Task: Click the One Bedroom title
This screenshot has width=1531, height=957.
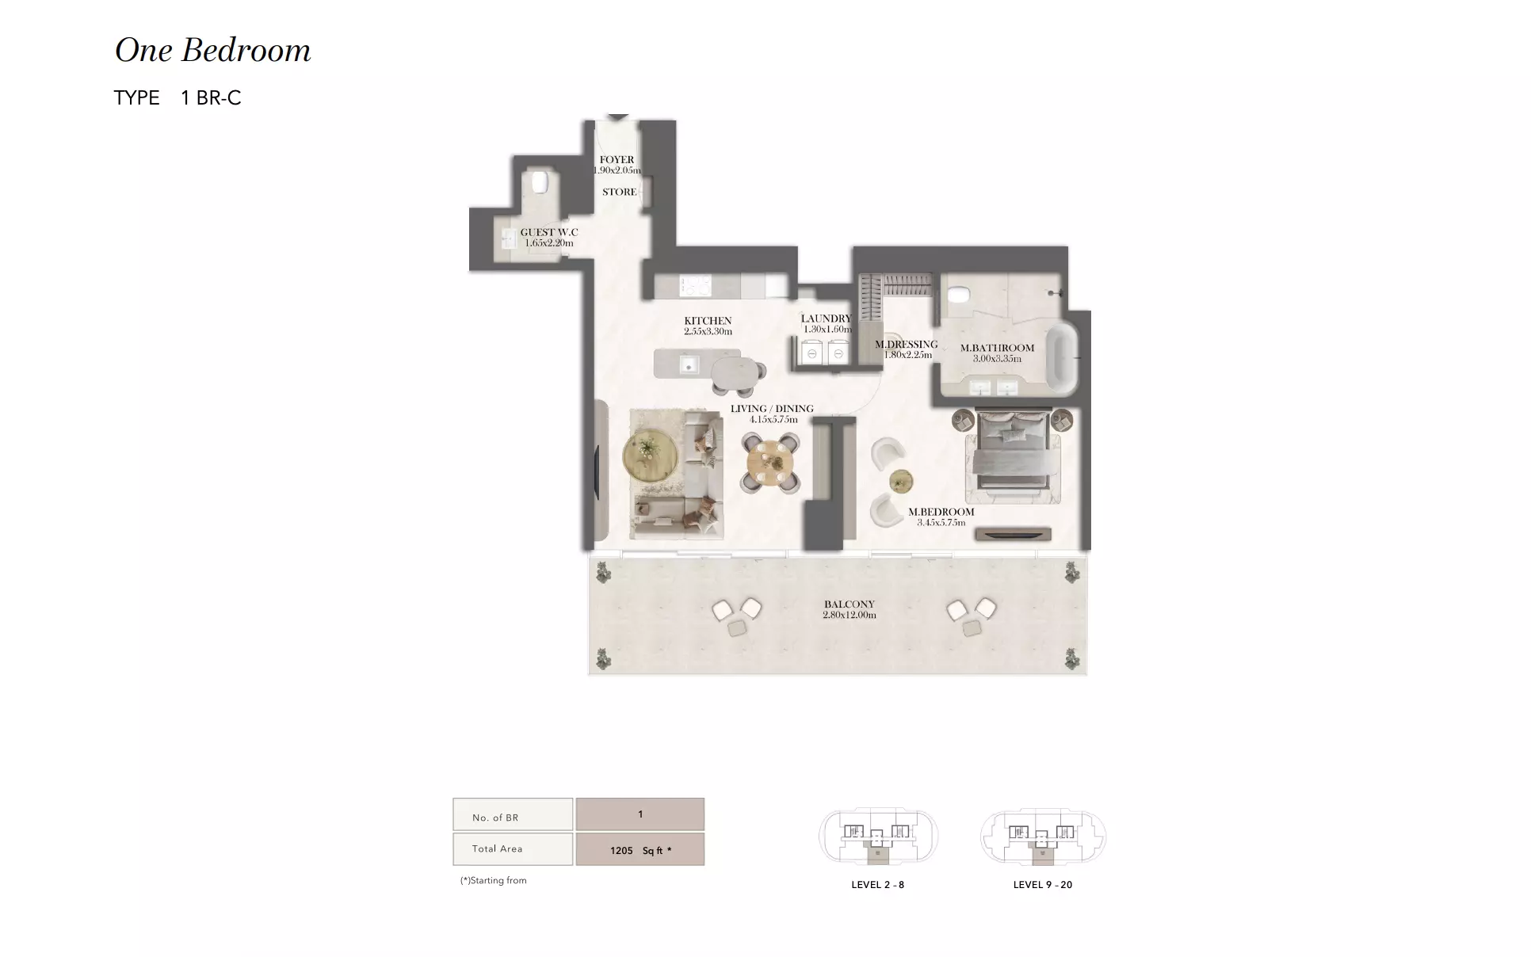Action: (212, 51)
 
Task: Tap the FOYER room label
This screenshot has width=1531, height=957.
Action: (617, 160)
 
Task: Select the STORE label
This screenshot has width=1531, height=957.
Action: (619, 192)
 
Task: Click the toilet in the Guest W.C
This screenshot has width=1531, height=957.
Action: (540, 181)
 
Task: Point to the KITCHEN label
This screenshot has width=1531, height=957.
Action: (708, 321)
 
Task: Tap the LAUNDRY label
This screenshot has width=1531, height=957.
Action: (826, 318)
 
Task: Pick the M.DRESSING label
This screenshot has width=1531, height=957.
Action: (907, 345)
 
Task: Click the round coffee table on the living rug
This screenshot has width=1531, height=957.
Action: (650, 453)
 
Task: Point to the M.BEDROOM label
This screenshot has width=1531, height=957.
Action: (941, 512)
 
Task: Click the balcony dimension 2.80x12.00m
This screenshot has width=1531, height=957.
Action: (849, 615)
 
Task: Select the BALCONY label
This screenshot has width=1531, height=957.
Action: (849, 604)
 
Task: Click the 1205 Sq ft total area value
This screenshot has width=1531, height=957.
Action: (640, 850)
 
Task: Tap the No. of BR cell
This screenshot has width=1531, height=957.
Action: (513, 815)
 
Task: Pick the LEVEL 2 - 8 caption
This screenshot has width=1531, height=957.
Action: (877, 885)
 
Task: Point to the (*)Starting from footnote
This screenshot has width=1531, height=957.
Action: (494, 880)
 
